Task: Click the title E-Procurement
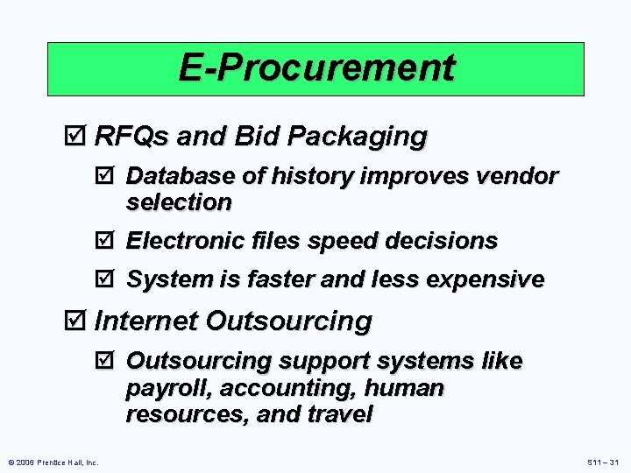pyautogui.click(x=316, y=67)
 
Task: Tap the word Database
pyautogui.click(x=181, y=177)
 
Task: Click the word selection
pyautogui.click(x=179, y=202)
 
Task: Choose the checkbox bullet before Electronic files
pyautogui.click(x=109, y=241)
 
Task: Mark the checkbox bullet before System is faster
pyautogui.click(x=109, y=280)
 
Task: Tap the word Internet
pyautogui.click(x=145, y=321)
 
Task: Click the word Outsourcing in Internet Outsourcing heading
pyautogui.click(x=288, y=321)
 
